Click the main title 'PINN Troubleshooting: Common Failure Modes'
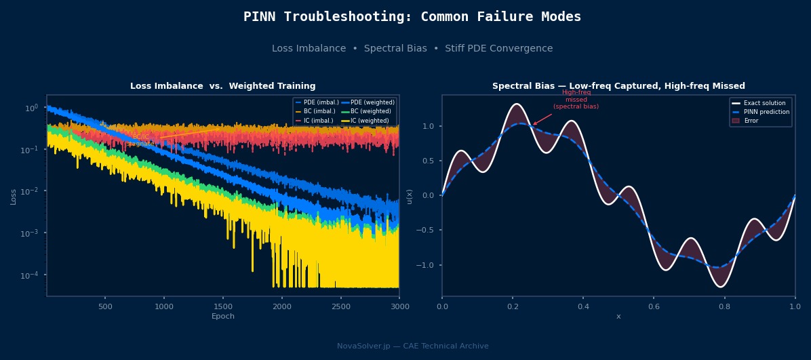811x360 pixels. point(412,17)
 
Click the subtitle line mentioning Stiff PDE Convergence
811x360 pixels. point(412,49)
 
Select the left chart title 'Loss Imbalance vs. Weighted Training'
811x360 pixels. point(222,86)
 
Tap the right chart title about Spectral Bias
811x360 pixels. point(618,86)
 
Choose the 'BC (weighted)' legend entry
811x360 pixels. point(370,111)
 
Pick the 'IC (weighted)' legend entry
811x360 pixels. point(370,121)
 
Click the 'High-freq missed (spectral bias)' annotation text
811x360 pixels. point(576,100)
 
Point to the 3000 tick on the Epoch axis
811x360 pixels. point(399,306)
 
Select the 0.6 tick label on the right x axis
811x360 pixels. point(654,306)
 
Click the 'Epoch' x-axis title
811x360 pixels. point(222,317)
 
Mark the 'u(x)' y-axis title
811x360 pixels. point(410,196)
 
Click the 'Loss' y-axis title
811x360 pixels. point(14,196)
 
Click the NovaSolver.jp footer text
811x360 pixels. point(412,346)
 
